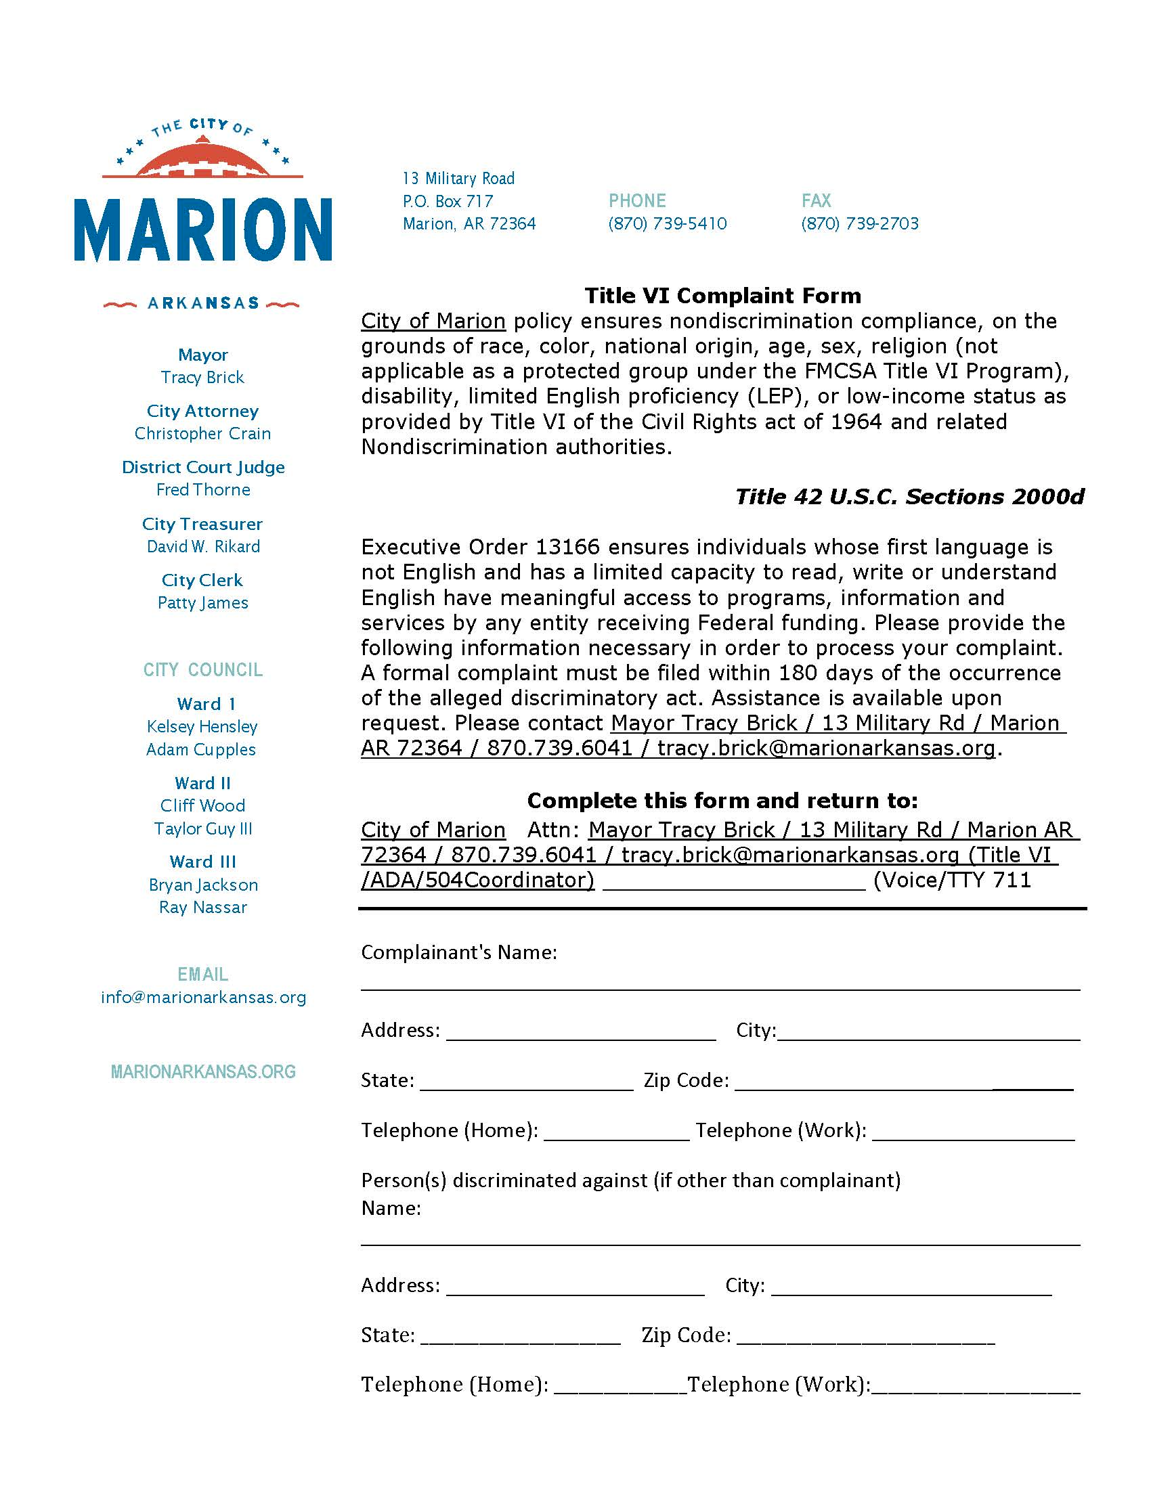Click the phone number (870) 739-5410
tap(668, 223)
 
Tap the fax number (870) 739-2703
tap(860, 223)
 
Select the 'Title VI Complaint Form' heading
tap(723, 296)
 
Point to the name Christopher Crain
tap(202, 434)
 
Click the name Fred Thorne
tap(202, 489)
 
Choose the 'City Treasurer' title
tap(202, 524)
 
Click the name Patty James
tap(202, 602)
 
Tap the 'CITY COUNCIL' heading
tap(202, 669)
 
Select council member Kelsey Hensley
tap(202, 727)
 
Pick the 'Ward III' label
tap(202, 862)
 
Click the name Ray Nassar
tap(202, 908)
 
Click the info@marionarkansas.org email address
tap(203, 998)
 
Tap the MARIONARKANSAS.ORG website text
tap(203, 1072)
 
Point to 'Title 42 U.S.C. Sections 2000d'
tap(909, 497)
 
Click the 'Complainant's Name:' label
tap(459, 952)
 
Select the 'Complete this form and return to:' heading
tap(723, 801)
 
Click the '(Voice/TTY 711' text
tap(952, 880)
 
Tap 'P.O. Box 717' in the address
tap(448, 201)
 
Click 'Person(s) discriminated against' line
tap(631, 1180)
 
